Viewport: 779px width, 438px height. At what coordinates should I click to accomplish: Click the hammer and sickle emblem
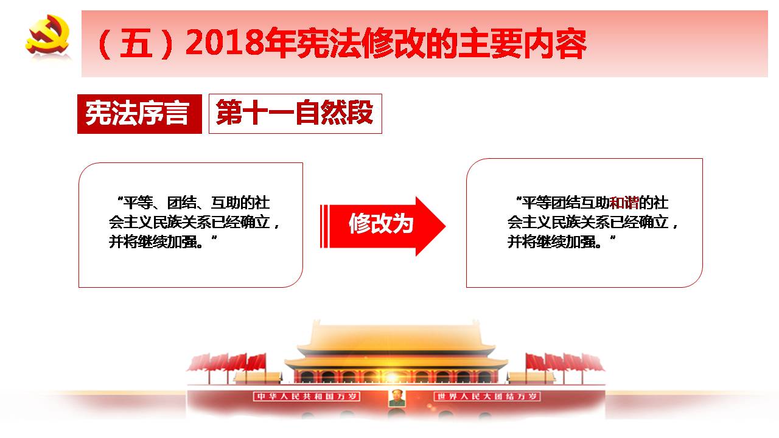47,35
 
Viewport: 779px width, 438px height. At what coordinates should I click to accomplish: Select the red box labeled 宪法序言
139,114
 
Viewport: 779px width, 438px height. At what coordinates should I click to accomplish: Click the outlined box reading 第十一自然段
295,114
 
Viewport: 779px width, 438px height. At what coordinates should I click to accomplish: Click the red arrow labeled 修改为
383,226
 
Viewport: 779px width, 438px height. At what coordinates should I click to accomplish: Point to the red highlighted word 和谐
624,203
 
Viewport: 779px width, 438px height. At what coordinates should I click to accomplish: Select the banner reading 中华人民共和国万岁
307,397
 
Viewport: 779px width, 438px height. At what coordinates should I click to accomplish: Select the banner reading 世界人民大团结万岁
487,397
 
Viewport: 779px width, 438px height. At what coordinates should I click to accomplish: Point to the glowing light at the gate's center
393,377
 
